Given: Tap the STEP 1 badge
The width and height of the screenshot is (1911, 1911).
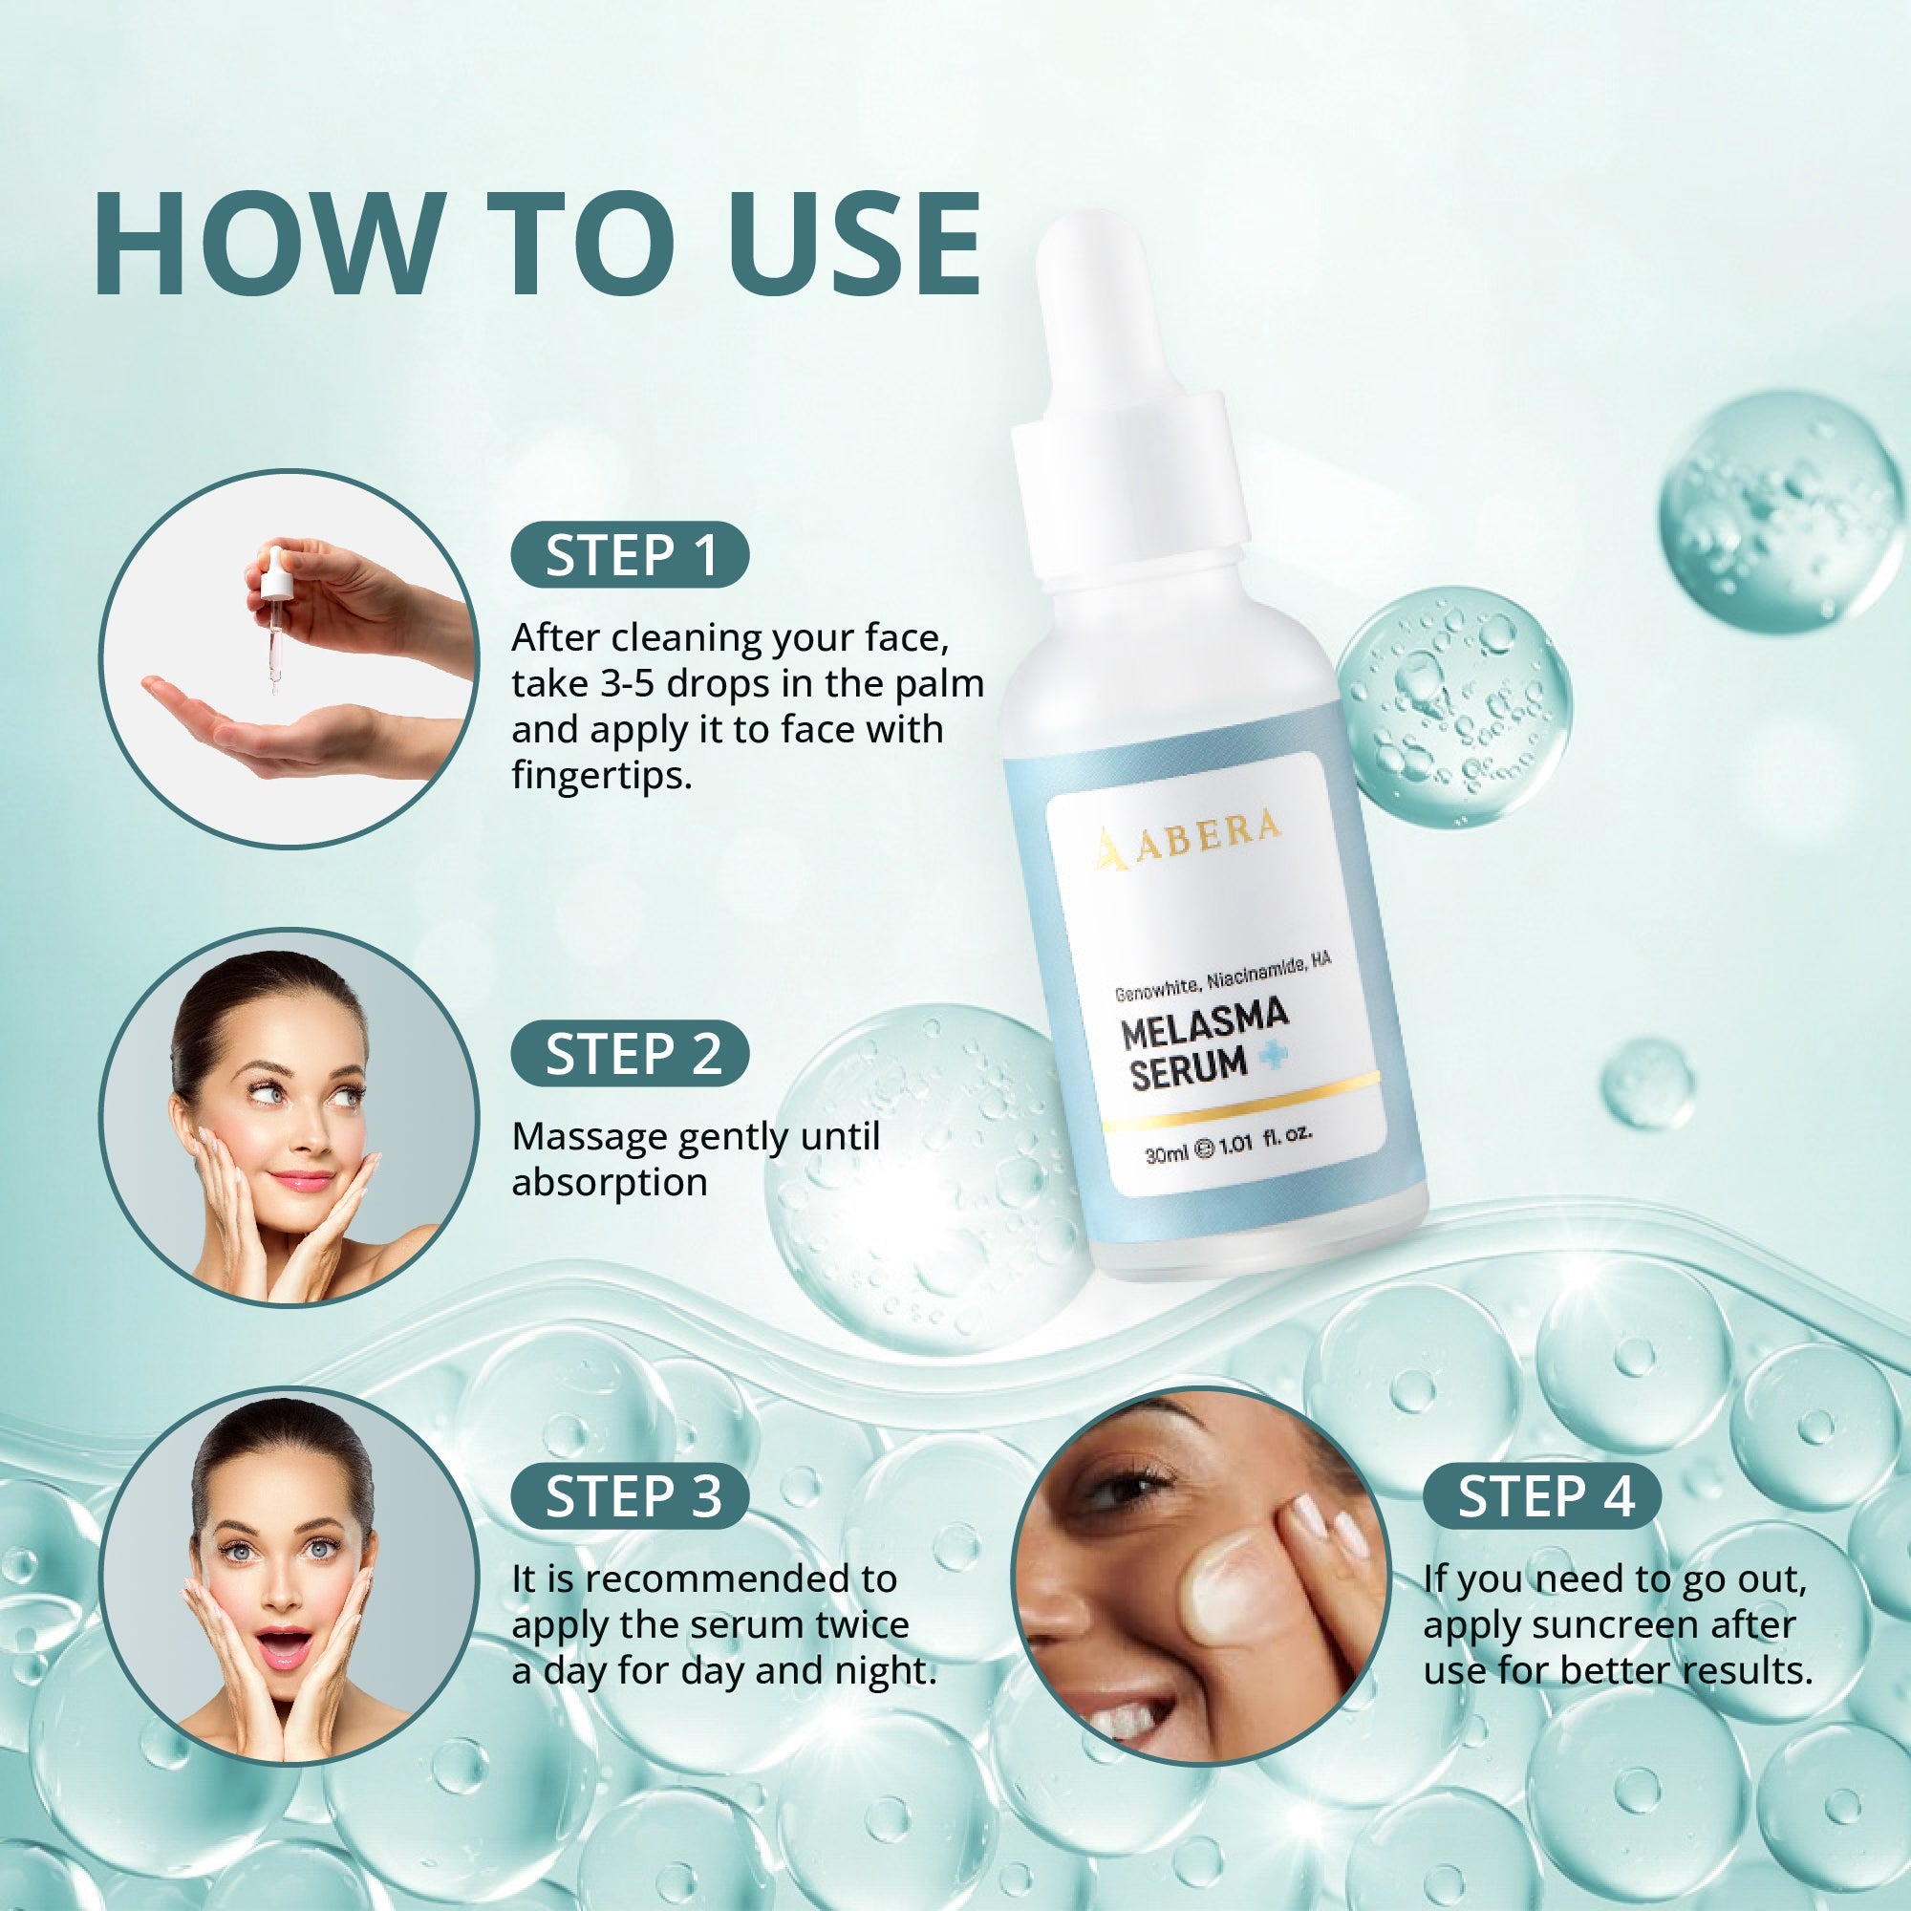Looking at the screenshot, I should pos(630,554).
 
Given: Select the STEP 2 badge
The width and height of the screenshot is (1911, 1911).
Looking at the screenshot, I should pos(630,1053).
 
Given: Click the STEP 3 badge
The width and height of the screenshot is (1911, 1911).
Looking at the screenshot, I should pos(630,1495).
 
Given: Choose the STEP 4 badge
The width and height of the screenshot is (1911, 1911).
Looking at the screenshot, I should pos(1542,1495).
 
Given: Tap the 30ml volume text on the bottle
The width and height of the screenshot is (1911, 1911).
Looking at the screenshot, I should pos(1165,1153).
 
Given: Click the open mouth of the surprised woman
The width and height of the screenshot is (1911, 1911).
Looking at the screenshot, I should pos(285,1645).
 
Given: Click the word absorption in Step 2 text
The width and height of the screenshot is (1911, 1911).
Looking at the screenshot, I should pos(610,1182).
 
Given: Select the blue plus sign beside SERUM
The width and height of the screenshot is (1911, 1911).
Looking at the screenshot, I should pos(1274,1058).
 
